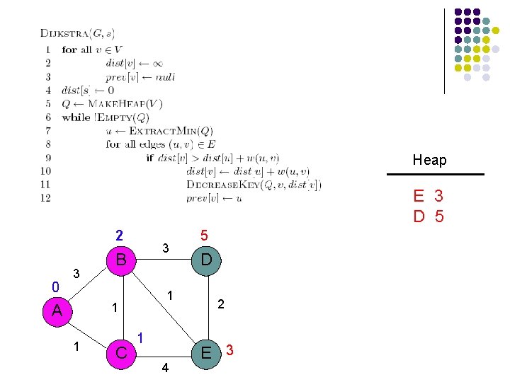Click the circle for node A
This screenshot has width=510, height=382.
57,310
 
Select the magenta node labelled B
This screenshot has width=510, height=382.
120,260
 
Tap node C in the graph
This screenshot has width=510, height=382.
120,352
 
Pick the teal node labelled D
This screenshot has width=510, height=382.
205,260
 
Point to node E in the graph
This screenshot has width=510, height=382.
205,352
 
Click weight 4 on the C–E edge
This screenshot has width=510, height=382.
165,367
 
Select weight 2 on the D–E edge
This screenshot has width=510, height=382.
221,303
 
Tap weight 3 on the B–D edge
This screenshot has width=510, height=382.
165,248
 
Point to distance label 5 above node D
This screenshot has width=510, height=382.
204,235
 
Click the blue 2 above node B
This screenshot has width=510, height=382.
120,235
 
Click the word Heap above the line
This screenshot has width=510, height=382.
430,161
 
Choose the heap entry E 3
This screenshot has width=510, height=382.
429,195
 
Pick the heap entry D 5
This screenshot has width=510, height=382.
429,216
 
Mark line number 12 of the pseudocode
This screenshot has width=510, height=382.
46,198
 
